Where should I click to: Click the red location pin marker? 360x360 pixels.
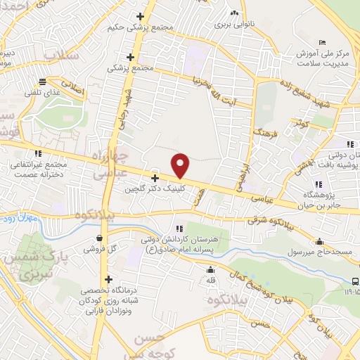tap(181, 166)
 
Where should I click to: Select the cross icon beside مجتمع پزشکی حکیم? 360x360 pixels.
tap(141, 16)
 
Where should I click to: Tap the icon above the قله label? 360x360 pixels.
tap(210, 270)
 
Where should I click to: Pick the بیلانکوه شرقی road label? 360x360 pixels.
tap(276, 220)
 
